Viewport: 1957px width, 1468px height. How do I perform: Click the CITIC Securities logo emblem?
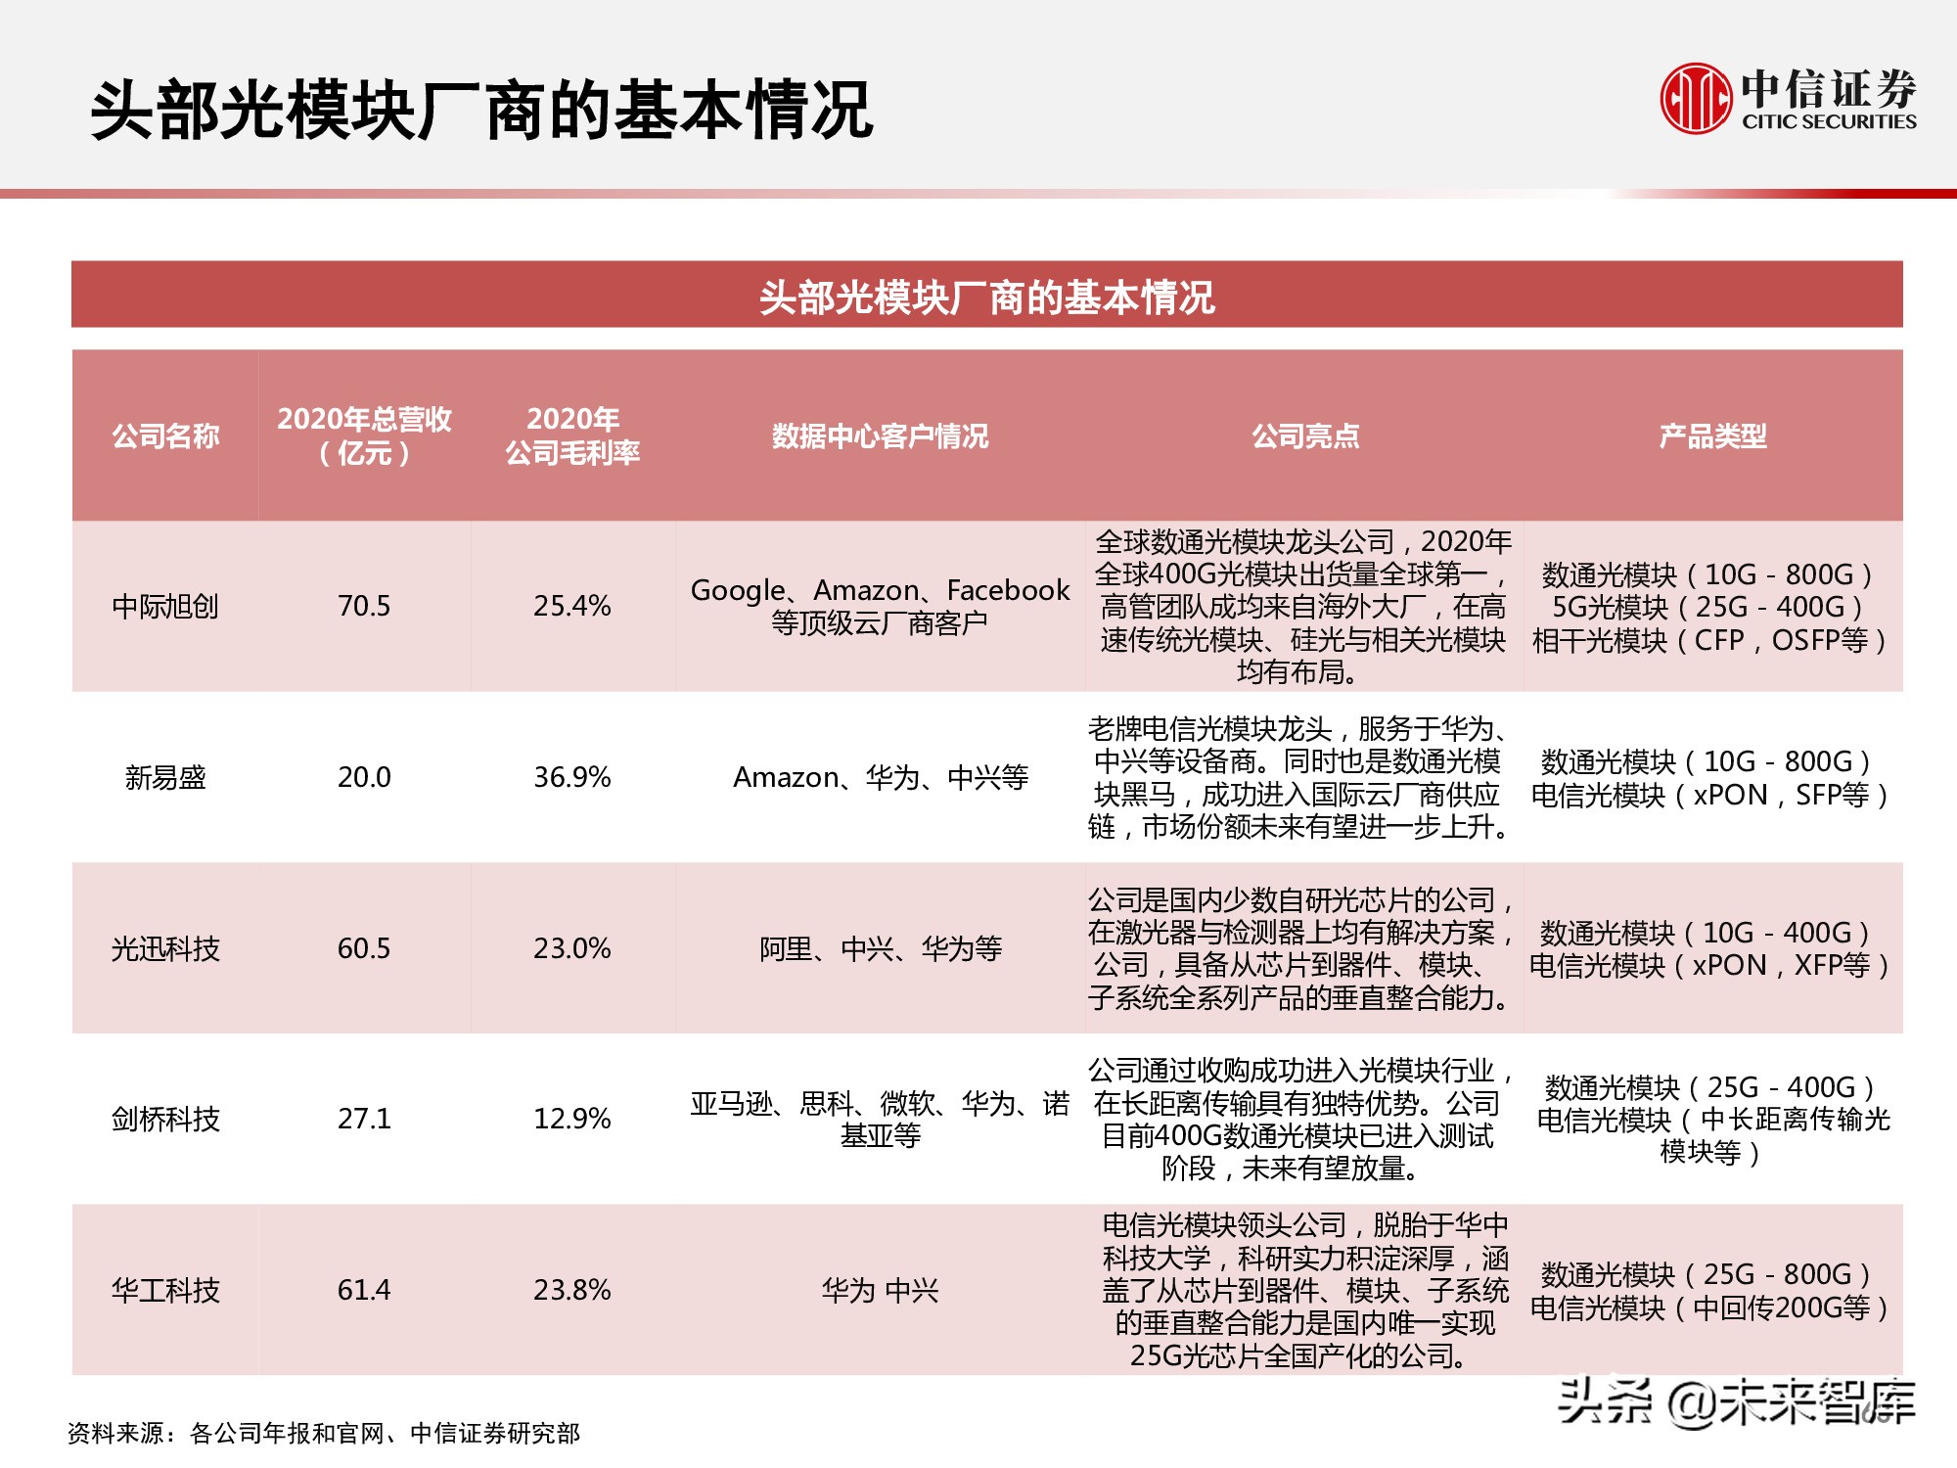(x=1696, y=97)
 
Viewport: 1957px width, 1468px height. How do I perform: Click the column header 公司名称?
(x=165, y=436)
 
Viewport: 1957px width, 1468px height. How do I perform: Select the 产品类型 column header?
(x=1712, y=436)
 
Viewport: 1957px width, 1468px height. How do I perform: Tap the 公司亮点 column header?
(x=1305, y=436)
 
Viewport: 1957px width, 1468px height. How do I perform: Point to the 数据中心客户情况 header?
(x=880, y=436)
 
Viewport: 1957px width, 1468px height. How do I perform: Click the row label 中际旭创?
(x=165, y=607)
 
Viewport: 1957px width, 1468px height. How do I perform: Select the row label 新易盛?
(x=165, y=778)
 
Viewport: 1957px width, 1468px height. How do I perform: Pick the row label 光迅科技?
(x=165, y=948)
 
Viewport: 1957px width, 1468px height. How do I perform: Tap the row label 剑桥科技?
(x=165, y=1119)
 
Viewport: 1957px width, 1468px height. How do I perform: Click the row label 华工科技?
(x=165, y=1290)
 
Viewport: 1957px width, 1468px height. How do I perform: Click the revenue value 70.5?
(x=364, y=607)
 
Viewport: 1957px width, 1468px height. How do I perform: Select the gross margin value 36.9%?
(x=572, y=778)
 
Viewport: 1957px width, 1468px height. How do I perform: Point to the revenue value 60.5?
(x=364, y=948)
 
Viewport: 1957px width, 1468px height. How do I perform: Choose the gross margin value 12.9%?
(x=572, y=1119)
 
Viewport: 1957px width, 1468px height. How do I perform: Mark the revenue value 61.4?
(x=364, y=1290)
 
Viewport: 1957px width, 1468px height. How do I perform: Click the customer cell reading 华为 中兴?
(x=880, y=1291)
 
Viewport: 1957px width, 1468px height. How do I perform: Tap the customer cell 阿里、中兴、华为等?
(x=880, y=948)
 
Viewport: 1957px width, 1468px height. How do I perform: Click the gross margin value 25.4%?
(x=572, y=607)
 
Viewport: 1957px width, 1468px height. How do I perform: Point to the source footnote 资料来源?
(x=324, y=1434)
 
